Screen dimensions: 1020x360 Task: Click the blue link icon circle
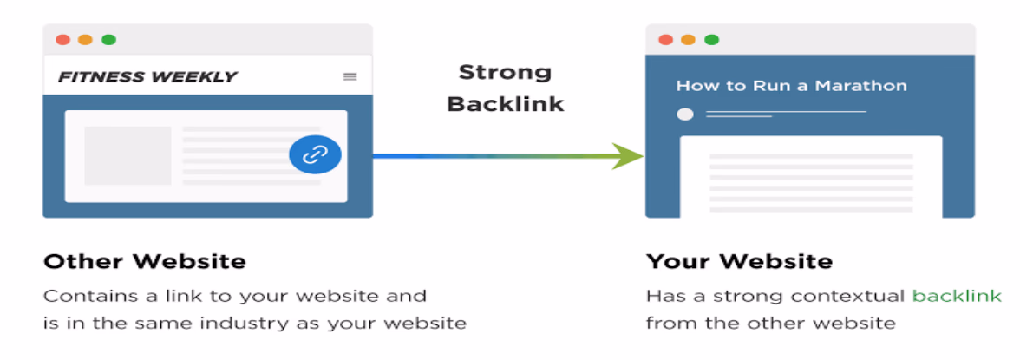pos(315,155)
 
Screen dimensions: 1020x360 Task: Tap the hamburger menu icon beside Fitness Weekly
pos(350,77)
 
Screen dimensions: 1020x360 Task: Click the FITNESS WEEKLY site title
pos(147,77)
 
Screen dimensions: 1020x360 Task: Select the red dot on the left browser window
pos(63,40)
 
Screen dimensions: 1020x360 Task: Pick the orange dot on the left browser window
pos(85,40)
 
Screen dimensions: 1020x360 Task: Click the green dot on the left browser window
pos(108,40)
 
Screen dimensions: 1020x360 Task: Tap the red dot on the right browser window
pos(665,40)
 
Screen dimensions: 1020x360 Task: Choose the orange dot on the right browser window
pos(689,40)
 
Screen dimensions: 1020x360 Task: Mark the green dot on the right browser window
pos(711,40)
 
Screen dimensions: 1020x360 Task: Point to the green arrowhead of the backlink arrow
pos(628,156)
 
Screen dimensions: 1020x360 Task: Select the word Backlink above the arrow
pos(506,104)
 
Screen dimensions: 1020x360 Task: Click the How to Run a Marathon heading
pos(792,86)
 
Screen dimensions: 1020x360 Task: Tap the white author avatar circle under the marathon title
pos(685,115)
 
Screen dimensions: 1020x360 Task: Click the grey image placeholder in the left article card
pos(127,156)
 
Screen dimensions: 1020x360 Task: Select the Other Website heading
pos(145,262)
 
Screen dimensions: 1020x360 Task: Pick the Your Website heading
pos(739,262)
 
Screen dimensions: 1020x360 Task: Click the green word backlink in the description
pos(957,296)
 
